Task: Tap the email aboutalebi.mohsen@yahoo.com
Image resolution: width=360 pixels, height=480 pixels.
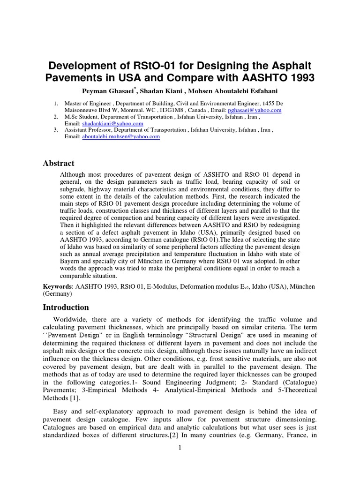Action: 121,136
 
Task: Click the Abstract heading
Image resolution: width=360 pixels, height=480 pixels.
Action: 59,163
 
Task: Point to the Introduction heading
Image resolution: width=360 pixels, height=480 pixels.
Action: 66,307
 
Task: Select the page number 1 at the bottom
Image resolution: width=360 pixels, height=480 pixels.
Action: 180,448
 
